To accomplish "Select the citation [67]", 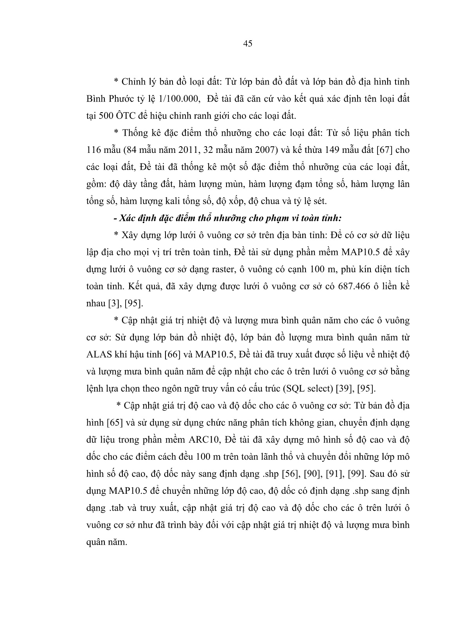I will [387, 150].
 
